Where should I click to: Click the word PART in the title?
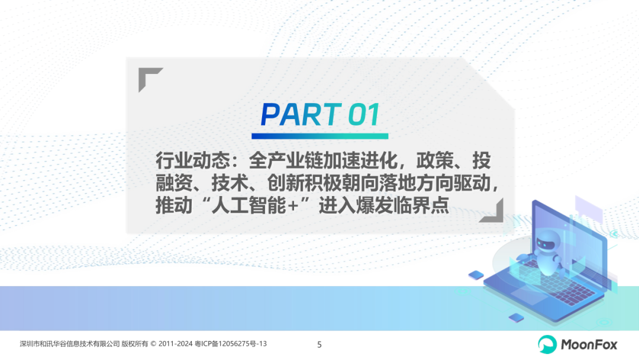pyautogui.click(x=301, y=114)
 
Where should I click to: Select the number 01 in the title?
pyautogui.click(x=364, y=114)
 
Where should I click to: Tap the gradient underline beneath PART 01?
pyautogui.click(x=320, y=136)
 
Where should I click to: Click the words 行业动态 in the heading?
pyautogui.click(x=192, y=160)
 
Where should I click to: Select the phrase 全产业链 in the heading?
pyautogui.click(x=285, y=160)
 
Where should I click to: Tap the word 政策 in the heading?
pyautogui.click(x=434, y=160)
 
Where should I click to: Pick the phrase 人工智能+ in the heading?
pyautogui.click(x=256, y=205)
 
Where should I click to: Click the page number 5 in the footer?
pyautogui.click(x=319, y=345)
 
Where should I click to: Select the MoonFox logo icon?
pyautogui.click(x=547, y=345)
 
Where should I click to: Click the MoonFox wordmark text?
pyautogui.click(x=589, y=345)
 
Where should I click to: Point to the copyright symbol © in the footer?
pyautogui.click(x=153, y=343)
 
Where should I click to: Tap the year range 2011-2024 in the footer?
pyautogui.click(x=175, y=343)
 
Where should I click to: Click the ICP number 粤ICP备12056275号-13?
pyautogui.click(x=231, y=343)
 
